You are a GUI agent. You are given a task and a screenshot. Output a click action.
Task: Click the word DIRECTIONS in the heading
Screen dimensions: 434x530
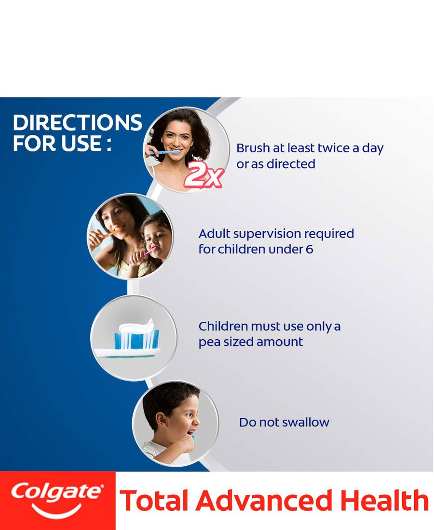pos(78,122)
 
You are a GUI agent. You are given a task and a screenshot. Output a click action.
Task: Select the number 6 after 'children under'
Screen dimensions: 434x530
pos(309,250)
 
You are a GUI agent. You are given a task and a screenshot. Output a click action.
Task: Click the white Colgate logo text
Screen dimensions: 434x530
pos(56,492)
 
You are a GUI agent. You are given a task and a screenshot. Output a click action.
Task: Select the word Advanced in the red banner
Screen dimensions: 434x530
pos(264,501)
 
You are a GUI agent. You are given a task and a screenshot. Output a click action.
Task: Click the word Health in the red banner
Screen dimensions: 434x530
pos(384,501)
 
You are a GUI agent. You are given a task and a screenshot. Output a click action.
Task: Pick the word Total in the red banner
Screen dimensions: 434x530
pos(154,501)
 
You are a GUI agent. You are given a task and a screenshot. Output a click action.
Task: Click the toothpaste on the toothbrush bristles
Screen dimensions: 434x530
pos(136,326)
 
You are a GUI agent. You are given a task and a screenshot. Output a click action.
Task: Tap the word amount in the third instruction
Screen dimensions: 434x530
pos(280,342)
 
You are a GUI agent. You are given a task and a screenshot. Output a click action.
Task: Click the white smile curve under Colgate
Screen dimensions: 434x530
pos(56,510)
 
